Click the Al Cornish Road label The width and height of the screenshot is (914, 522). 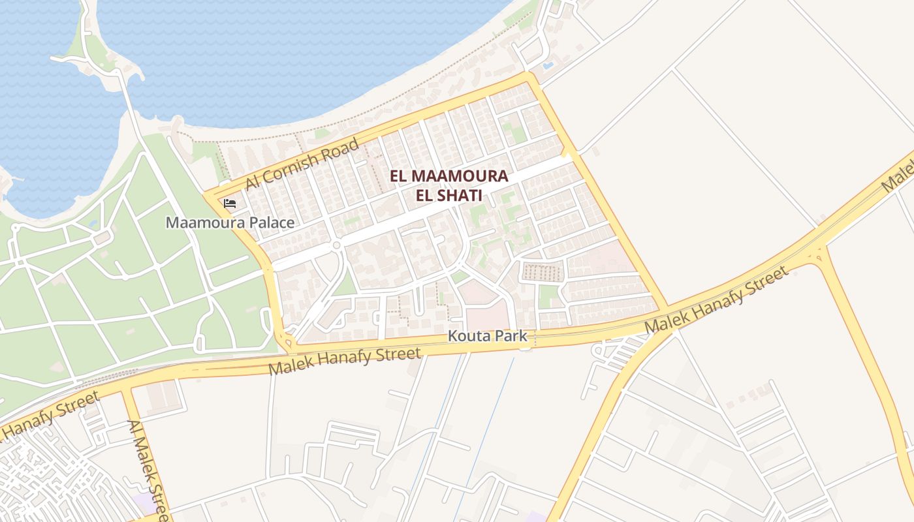[302, 164]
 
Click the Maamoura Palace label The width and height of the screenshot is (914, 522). [230, 223]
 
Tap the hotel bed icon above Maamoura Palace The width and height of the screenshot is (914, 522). [230, 204]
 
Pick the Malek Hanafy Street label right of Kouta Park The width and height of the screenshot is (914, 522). [716, 300]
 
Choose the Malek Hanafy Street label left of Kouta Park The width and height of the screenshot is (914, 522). [345, 361]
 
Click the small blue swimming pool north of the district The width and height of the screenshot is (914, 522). [548, 65]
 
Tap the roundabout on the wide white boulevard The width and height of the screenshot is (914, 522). [336, 245]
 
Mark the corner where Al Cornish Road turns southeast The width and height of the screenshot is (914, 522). [530, 76]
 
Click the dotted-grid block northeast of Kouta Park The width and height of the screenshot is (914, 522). [542, 272]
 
